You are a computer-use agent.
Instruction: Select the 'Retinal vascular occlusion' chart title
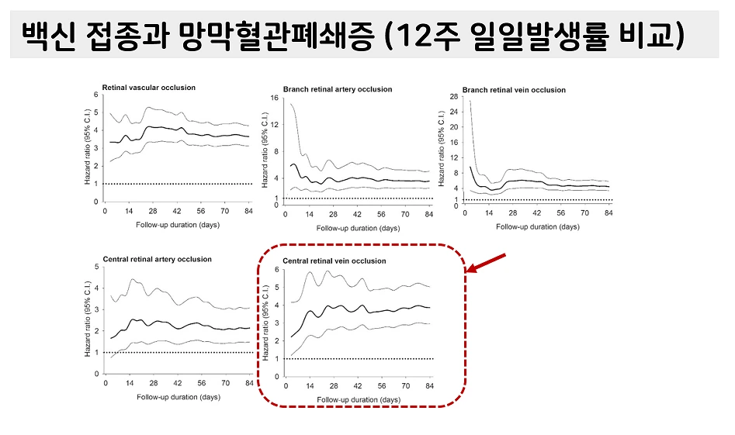148,87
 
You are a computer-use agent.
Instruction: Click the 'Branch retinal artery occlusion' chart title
338,89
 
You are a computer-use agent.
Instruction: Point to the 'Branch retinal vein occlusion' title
514,90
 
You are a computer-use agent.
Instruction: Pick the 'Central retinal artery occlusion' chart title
153,258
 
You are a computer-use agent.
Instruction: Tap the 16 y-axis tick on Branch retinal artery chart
274,98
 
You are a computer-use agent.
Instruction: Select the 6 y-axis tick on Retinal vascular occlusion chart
95,95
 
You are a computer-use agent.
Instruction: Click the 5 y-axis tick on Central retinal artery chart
95,267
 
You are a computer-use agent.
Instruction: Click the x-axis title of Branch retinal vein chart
537,227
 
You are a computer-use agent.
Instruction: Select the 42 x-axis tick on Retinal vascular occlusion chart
177,210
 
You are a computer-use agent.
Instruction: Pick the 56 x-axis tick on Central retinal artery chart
201,383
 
